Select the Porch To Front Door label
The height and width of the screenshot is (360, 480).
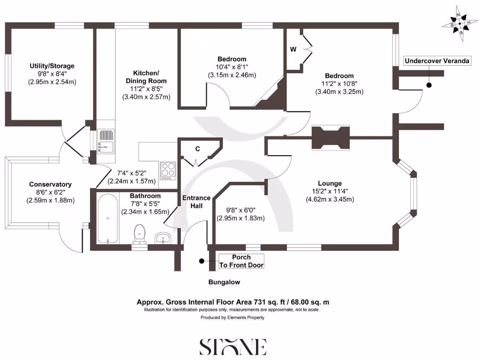241,261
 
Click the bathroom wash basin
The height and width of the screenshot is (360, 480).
165,238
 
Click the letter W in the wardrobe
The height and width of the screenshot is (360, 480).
293,49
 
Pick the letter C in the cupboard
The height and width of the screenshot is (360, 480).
198,149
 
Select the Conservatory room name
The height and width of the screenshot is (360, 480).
50,184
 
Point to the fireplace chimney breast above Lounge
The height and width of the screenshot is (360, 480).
330,138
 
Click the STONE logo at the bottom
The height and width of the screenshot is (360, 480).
233,346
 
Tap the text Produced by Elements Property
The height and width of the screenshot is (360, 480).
232,317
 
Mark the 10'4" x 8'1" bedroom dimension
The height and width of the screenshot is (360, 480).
232,67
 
